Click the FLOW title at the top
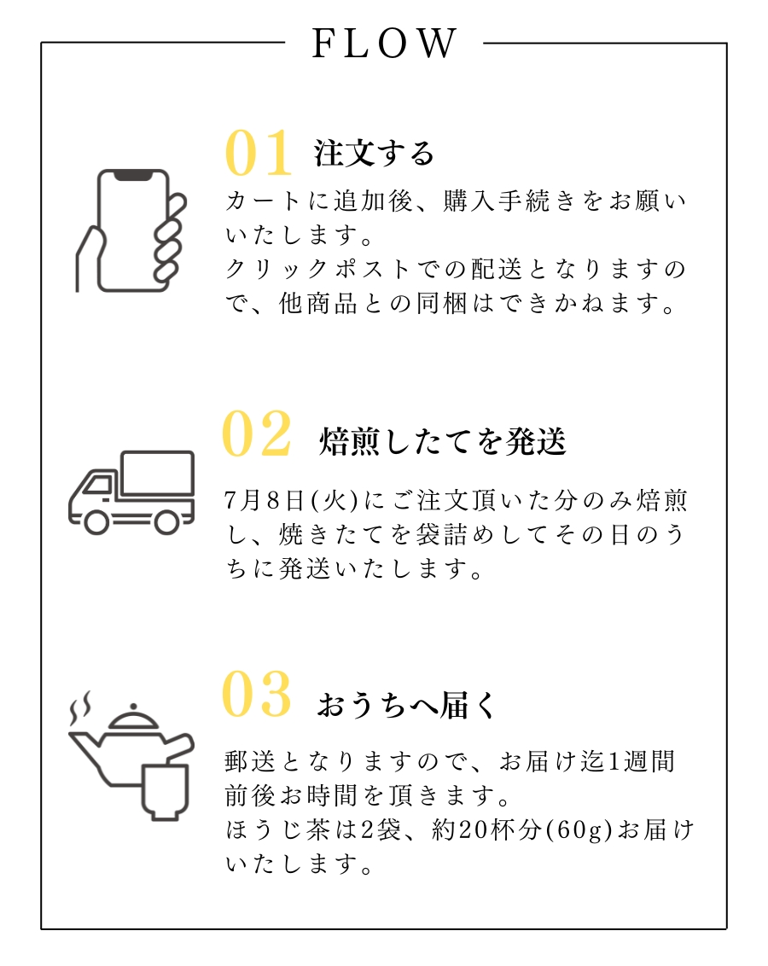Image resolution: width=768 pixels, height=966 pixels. pyautogui.click(x=384, y=44)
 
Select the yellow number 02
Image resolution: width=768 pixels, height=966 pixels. pyautogui.click(x=256, y=434)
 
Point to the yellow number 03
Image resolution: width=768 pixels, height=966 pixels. pyautogui.click(x=256, y=694)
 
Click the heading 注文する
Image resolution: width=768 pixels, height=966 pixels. pyautogui.click(x=374, y=154)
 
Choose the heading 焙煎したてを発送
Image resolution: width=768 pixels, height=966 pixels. pyautogui.click(x=442, y=441)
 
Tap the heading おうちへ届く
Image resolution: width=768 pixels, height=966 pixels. pyautogui.click(x=406, y=705)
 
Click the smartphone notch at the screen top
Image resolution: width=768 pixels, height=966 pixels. pyautogui.click(x=133, y=176)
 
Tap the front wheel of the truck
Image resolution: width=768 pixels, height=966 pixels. pyautogui.click(x=96, y=521)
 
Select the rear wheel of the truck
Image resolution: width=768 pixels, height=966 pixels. pyautogui.click(x=166, y=521)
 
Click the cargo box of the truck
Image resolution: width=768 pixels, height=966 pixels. pyautogui.click(x=158, y=473)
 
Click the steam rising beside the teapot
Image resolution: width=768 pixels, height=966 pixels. pyautogui.click(x=80, y=708)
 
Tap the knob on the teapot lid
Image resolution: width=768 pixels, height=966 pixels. pyautogui.click(x=133, y=707)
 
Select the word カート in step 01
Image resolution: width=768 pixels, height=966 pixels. pyautogui.click(x=263, y=201)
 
